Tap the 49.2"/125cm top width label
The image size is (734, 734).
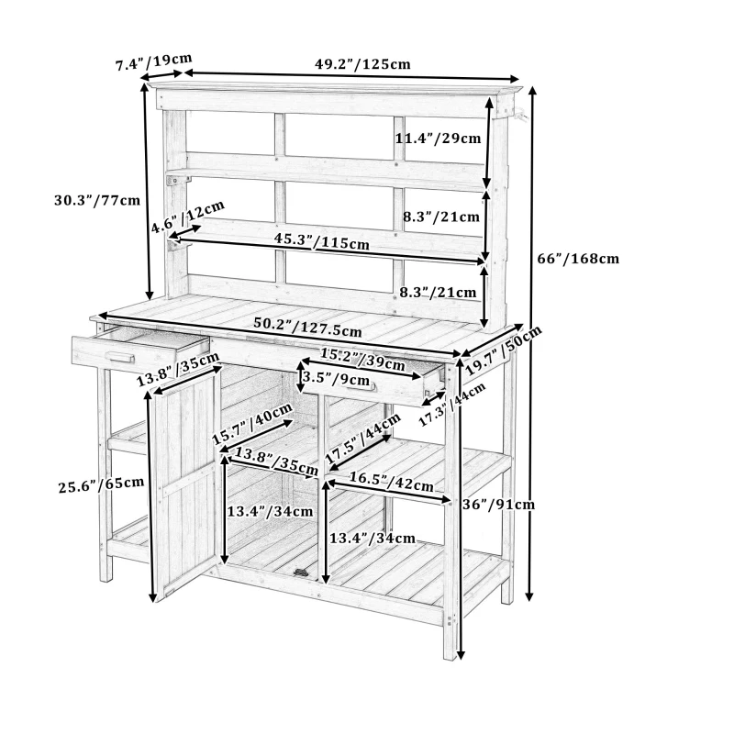pyautogui.click(x=362, y=65)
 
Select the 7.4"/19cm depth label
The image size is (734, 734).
pyautogui.click(x=153, y=63)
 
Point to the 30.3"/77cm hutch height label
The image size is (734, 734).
pyautogui.click(x=97, y=199)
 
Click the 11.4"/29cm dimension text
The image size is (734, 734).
pyautogui.click(x=438, y=139)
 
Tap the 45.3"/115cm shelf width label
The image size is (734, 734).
pyautogui.click(x=322, y=241)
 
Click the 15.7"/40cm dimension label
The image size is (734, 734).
pyautogui.click(x=252, y=424)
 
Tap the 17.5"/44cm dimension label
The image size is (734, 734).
pyautogui.click(x=363, y=441)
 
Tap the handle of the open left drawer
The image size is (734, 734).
pyautogui.click(x=120, y=357)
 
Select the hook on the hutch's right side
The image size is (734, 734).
pyautogui.click(x=519, y=115)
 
